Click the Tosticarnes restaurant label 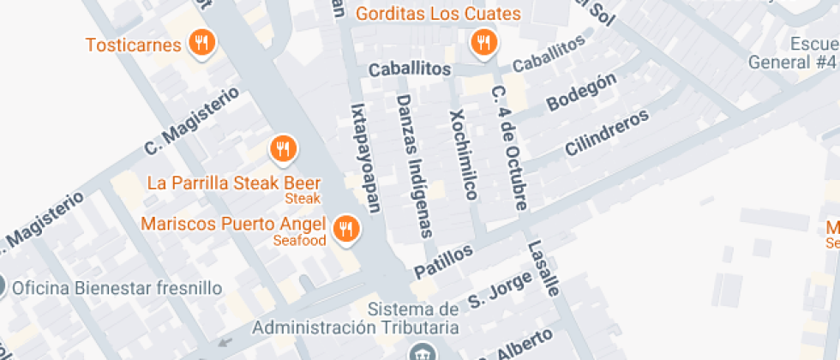[x=134, y=45]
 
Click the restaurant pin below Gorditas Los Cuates [x=484, y=42]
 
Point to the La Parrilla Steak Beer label [x=234, y=183]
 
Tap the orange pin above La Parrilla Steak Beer [x=283, y=150]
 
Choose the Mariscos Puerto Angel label [x=233, y=225]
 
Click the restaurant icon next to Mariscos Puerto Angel [x=346, y=228]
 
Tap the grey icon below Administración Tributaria [x=421, y=352]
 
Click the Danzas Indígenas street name [x=415, y=166]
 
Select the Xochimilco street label [x=463, y=154]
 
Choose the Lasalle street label [x=543, y=268]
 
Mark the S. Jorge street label [x=489, y=292]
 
